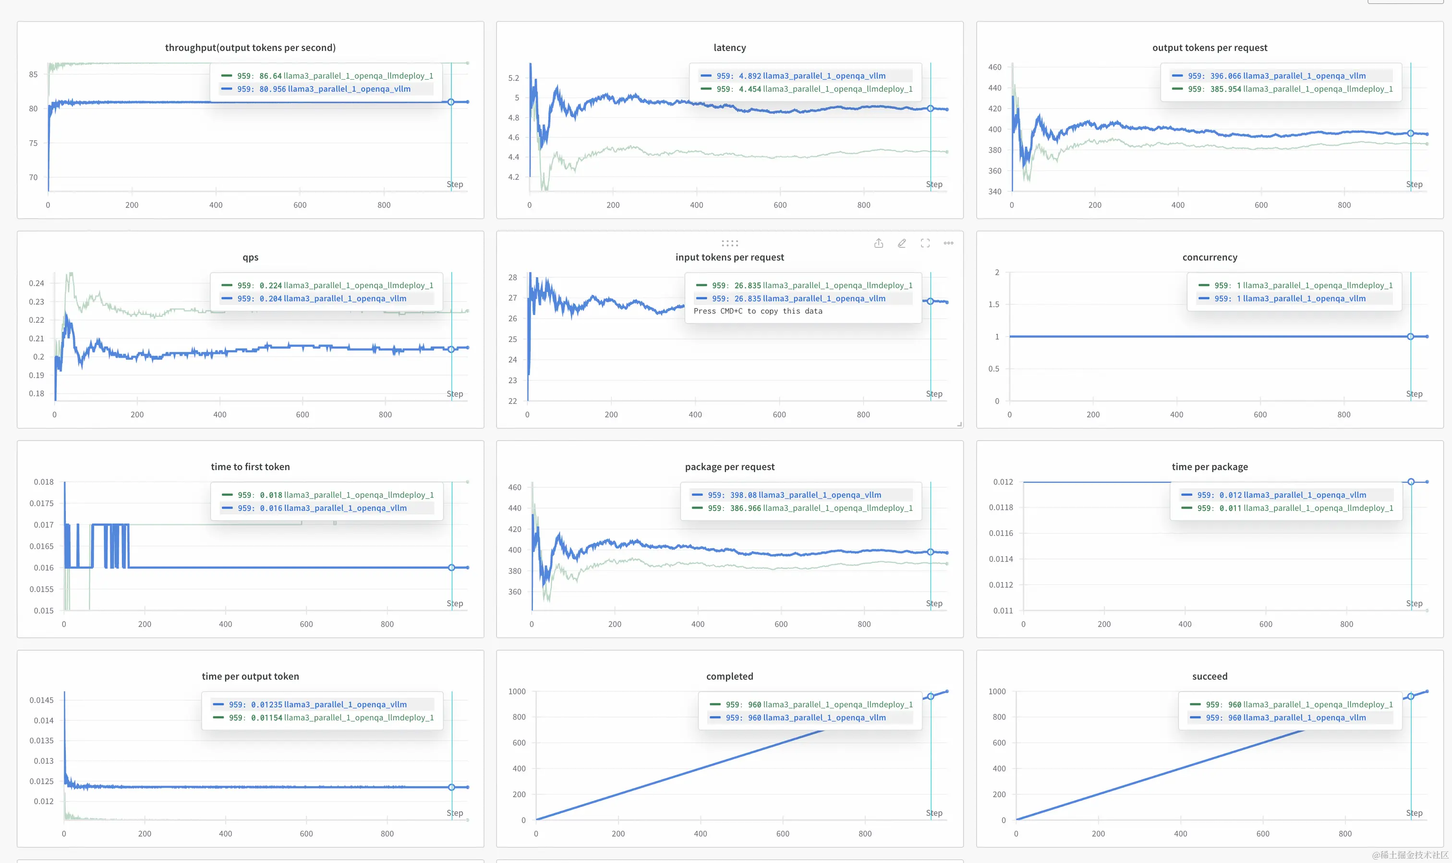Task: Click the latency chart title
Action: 729,48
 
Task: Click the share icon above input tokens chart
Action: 878,243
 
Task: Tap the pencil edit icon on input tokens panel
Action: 902,243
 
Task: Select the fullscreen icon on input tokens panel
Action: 925,243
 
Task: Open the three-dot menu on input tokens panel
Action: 948,243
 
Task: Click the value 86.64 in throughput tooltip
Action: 270,75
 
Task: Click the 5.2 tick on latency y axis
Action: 513,78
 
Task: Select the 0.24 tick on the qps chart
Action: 36,283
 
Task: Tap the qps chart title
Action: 250,257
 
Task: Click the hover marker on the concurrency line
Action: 1410,337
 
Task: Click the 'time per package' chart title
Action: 1209,466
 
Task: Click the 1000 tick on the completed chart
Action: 516,692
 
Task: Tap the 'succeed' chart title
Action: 1209,676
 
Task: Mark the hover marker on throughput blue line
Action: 450,102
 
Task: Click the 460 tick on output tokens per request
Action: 994,67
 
